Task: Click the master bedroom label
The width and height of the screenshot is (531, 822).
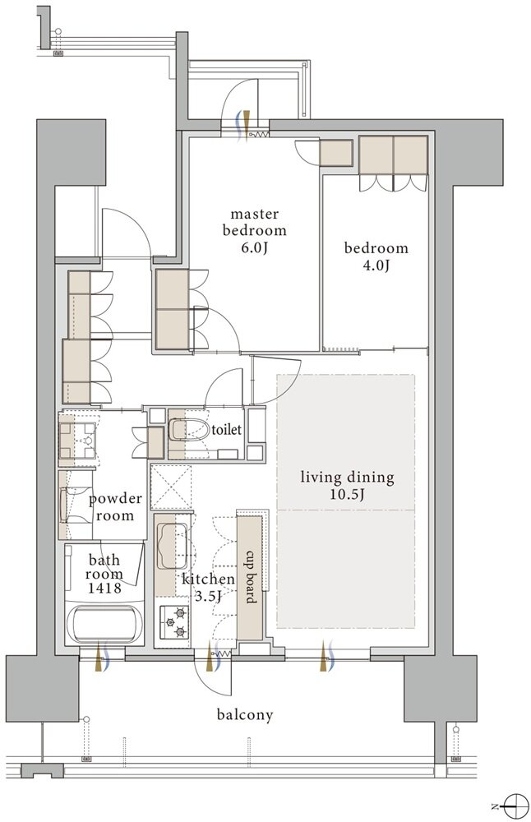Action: pyautogui.click(x=255, y=222)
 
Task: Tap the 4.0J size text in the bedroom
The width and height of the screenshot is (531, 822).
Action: pyautogui.click(x=376, y=266)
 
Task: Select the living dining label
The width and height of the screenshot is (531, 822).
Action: pyautogui.click(x=347, y=478)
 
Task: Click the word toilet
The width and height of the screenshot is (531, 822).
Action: pyautogui.click(x=226, y=430)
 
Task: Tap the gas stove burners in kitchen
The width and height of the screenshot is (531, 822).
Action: pyautogui.click(x=174, y=621)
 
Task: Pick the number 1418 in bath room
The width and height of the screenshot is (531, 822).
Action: pyautogui.click(x=104, y=589)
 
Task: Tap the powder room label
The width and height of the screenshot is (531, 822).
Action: pyautogui.click(x=115, y=506)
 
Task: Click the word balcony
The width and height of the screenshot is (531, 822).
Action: pyautogui.click(x=245, y=714)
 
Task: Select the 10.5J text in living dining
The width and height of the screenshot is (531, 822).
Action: pyautogui.click(x=347, y=494)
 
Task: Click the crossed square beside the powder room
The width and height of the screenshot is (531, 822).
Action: pyautogui.click(x=171, y=487)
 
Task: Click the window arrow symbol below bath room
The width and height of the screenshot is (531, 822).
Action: pyautogui.click(x=101, y=656)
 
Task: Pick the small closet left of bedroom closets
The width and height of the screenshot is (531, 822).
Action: pyautogui.click(x=336, y=153)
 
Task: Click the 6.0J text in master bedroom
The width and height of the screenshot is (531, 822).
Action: pyautogui.click(x=254, y=247)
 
